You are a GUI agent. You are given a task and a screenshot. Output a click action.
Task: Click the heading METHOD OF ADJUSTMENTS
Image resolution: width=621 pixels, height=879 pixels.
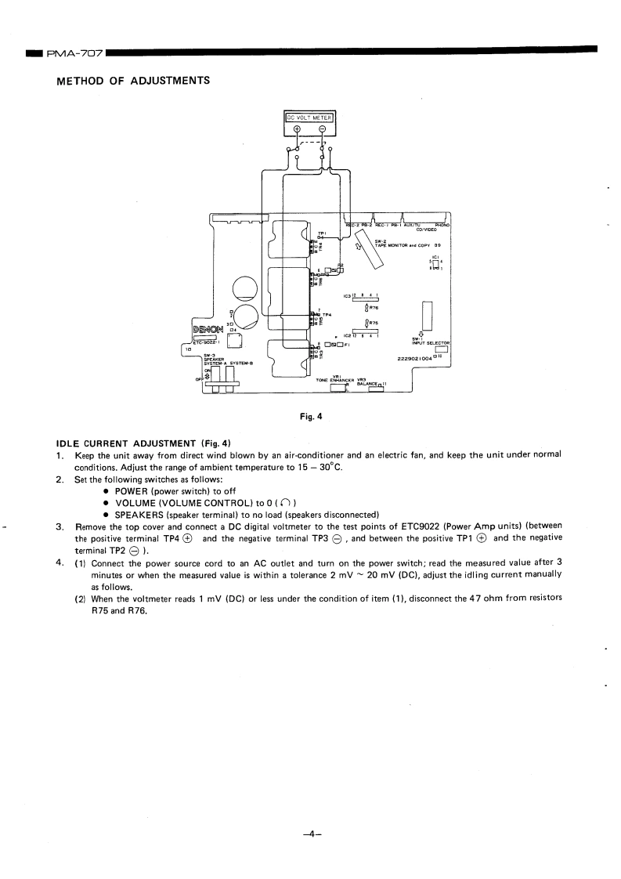tap(132, 81)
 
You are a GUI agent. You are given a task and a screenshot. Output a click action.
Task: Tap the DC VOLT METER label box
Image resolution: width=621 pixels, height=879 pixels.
tap(308, 118)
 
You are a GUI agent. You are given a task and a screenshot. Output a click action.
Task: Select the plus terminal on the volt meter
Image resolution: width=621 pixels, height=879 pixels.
tap(297, 130)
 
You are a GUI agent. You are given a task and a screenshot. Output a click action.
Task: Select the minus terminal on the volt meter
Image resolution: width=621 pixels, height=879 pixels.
tap(321, 130)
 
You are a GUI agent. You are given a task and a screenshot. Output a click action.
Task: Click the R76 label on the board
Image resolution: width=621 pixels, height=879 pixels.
tap(374, 308)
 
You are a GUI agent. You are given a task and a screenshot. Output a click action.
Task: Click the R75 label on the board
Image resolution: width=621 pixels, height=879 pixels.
tap(374, 322)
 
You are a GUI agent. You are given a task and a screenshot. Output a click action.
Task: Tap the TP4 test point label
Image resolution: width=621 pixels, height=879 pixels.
tap(327, 315)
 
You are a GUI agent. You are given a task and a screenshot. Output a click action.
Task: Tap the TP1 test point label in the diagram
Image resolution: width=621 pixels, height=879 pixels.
tap(321, 233)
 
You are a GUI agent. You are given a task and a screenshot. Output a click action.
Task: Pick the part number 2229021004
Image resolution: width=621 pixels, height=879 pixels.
tap(421, 358)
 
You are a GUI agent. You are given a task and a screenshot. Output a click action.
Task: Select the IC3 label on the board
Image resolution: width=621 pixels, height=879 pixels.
tap(348, 296)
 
